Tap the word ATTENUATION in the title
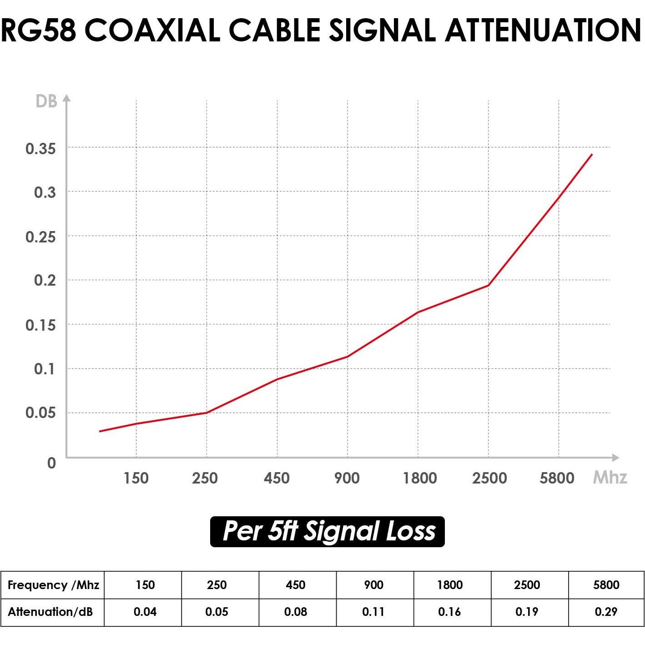pos(543,30)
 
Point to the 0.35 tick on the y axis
pos(40,148)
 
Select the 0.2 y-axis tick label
pos(45,280)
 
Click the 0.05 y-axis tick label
pos(40,413)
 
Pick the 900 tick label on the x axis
pos(347,478)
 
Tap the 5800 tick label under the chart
pos(557,478)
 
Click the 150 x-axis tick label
pos(136,478)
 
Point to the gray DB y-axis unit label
pos(46,101)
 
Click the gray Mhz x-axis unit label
pos(610,477)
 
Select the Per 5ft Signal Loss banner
pos(327,531)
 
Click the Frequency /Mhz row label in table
pos(53,585)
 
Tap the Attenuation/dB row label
pos(50,612)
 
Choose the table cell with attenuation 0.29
pos(606,612)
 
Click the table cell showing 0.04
pos(145,612)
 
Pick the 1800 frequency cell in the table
pos(450,585)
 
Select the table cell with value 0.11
pos(373,612)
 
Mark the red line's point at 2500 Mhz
pos(488,286)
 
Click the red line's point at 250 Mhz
pos(207,413)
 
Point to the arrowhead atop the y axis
pos(66,98)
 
